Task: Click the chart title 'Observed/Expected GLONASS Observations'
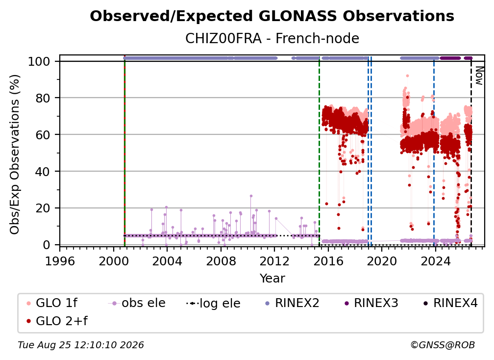pyautogui.click(x=272, y=16)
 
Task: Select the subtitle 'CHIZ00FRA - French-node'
pyautogui.click(x=272, y=38)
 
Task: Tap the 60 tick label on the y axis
pyautogui.click(x=43, y=134)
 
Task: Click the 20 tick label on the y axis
pyautogui.click(x=43, y=208)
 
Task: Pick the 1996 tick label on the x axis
pyautogui.click(x=60, y=261)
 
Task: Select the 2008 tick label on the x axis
pyautogui.click(x=221, y=261)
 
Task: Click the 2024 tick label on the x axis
pyautogui.click(x=435, y=261)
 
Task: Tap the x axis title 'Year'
pyautogui.click(x=272, y=279)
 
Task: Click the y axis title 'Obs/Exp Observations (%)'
pyautogui.click(x=15, y=154)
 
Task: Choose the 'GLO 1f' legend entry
pyautogui.click(x=52, y=303)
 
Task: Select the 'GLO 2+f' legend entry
pyautogui.click(x=57, y=321)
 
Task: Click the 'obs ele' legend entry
pyautogui.click(x=137, y=303)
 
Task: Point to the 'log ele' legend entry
pyautogui.click(x=213, y=303)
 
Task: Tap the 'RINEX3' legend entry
pyautogui.click(x=371, y=303)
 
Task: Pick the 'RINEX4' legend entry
pyautogui.click(x=450, y=303)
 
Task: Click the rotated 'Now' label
pyautogui.click(x=479, y=76)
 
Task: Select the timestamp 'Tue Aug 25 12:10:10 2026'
pyautogui.click(x=81, y=345)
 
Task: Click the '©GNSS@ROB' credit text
pyautogui.click(x=443, y=345)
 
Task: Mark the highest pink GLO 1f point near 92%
pyautogui.click(x=407, y=76)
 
